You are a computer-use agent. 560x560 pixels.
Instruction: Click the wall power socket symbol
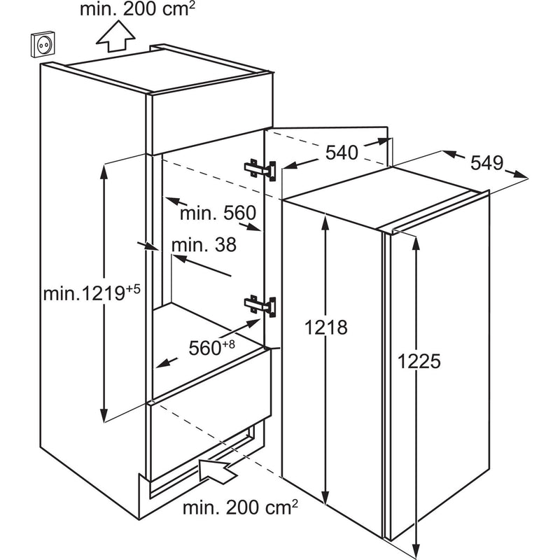coord(43,45)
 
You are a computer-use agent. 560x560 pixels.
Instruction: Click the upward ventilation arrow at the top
coord(115,36)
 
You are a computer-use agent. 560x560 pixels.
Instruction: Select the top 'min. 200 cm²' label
coord(138,9)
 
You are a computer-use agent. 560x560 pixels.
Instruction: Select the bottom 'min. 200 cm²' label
coord(240,508)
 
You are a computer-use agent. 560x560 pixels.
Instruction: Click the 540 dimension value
coord(342,153)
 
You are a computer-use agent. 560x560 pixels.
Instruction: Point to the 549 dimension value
coord(486,163)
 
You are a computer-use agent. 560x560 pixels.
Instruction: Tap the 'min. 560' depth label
coord(218,213)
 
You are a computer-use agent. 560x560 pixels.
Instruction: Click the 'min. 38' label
coord(204,245)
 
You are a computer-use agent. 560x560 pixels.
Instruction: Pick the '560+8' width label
coord(212,347)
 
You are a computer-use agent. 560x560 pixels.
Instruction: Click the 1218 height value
coord(325,327)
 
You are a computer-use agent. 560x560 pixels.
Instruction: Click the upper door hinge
coord(260,170)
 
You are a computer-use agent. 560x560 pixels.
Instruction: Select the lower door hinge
coord(260,306)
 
